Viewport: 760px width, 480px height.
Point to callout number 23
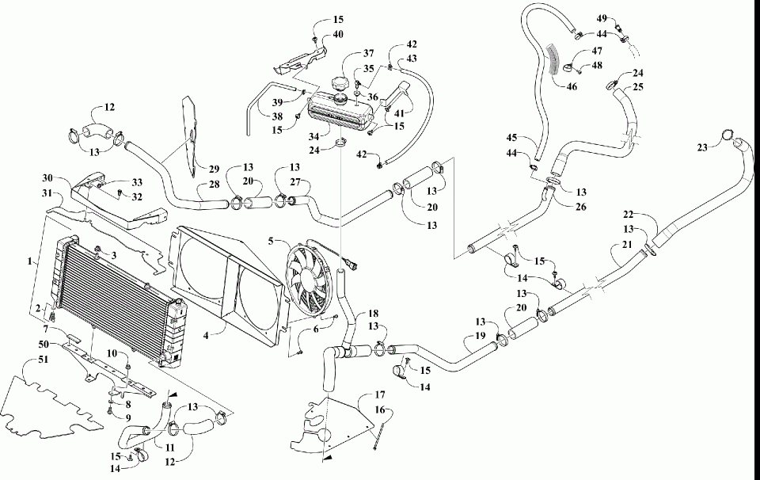(702, 148)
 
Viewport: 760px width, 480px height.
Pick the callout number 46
(572, 86)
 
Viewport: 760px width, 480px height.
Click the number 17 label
(379, 395)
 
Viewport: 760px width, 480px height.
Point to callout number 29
(214, 170)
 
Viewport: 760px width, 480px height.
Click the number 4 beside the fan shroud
(206, 335)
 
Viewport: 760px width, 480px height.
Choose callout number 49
(602, 19)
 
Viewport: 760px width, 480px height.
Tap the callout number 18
(373, 314)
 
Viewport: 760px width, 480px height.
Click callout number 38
(277, 117)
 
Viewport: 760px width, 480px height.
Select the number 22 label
(629, 215)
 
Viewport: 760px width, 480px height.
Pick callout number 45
(512, 138)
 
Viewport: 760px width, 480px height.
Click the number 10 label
(112, 353)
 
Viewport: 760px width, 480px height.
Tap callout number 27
(295, 182)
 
